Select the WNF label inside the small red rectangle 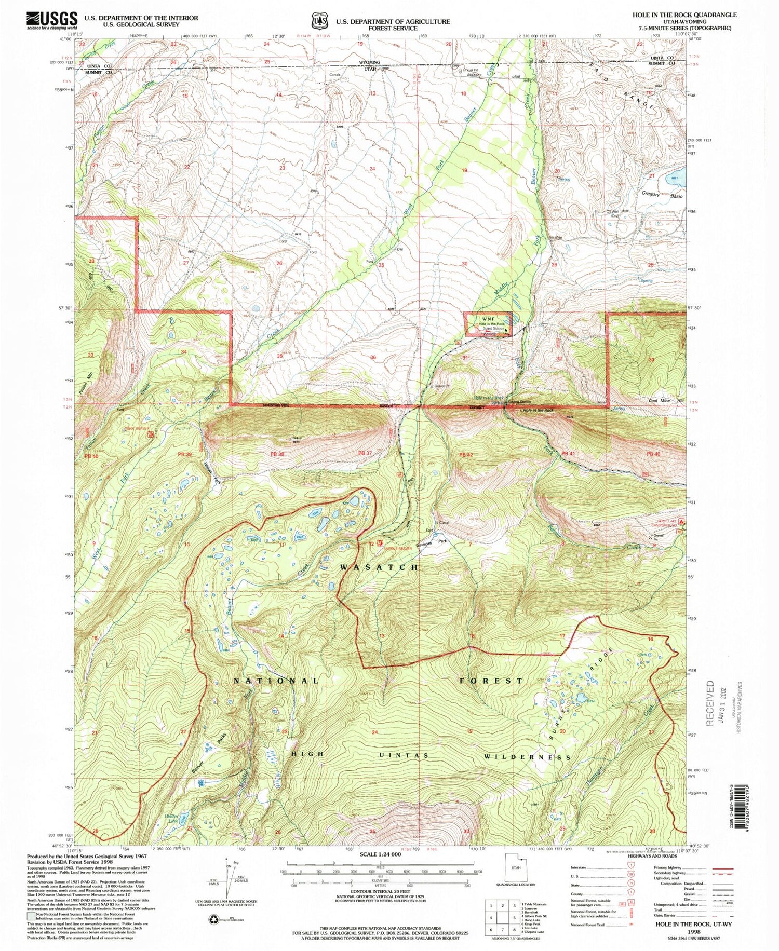(x=487, y=319)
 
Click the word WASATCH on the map (x=379, y=567)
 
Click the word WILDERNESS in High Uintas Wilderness (x=527, y=757)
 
